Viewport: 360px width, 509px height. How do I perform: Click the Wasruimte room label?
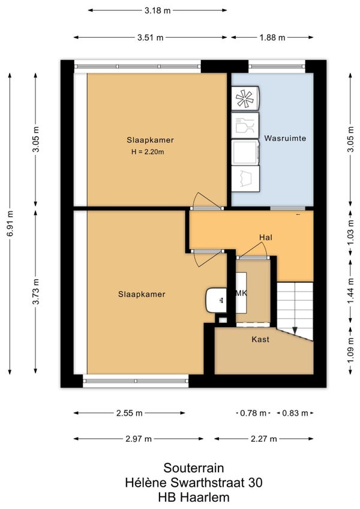point(284,138)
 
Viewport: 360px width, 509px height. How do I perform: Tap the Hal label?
point(266,237)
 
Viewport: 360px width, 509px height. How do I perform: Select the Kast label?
point(260,339)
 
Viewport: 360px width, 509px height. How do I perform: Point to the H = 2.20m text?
point(148,152)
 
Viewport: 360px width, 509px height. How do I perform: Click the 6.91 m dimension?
point(10,224)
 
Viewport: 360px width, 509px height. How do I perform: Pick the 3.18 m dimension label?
point(157,10)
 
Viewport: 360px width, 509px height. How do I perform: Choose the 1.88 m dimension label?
point(272,38)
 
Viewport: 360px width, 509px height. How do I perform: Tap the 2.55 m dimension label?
point(129,413)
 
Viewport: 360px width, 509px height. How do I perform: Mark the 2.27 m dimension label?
point(263,439)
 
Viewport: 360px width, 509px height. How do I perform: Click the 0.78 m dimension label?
point(253,413)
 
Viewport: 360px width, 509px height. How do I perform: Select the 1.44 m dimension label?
point(350,291)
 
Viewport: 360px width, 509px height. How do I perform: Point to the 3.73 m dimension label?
point(36,291)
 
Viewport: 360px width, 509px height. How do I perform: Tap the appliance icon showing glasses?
point(245,125)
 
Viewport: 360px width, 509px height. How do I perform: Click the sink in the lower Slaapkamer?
point(216,300)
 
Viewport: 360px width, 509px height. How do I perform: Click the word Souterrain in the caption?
point(194,468)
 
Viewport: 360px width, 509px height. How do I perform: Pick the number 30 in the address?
point(255,483)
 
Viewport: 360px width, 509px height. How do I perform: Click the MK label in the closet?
point(241,293)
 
